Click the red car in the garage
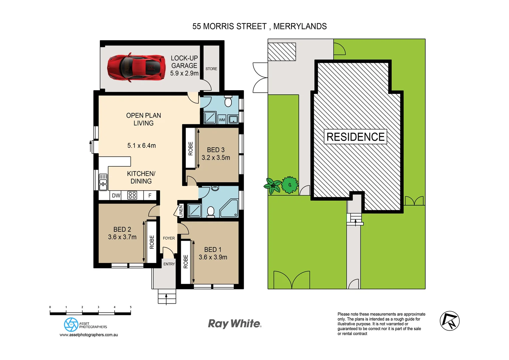pos(136,67)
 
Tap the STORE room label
pos(211,69)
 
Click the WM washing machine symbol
pos(222,120)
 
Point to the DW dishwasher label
pos(116,196)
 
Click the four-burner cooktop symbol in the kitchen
pos(132,195)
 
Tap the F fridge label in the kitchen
pos(150,196)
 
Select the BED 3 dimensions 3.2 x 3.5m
pos(216,158)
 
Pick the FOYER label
pos(169,238)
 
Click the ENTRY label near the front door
pos(169,264)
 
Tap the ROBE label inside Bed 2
pos(152,242)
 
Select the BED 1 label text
pos(213,250)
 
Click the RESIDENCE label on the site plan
pos(355,137)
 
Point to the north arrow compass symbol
pos(449,321)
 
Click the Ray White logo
pos(235,324)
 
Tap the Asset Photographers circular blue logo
pos(71,324)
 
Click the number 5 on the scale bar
pos(131,307)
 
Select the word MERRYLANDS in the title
pos(300,26)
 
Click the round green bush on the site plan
pos(289,185)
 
